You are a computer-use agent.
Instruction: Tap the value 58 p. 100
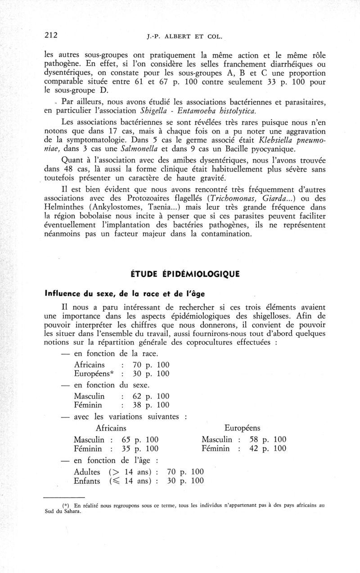pyautogui.click(x=268, y=439)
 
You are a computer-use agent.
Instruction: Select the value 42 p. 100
pyautogui.click(x=268, y=448)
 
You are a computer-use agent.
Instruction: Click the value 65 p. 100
pyautogui.click(x=140, y=439)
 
